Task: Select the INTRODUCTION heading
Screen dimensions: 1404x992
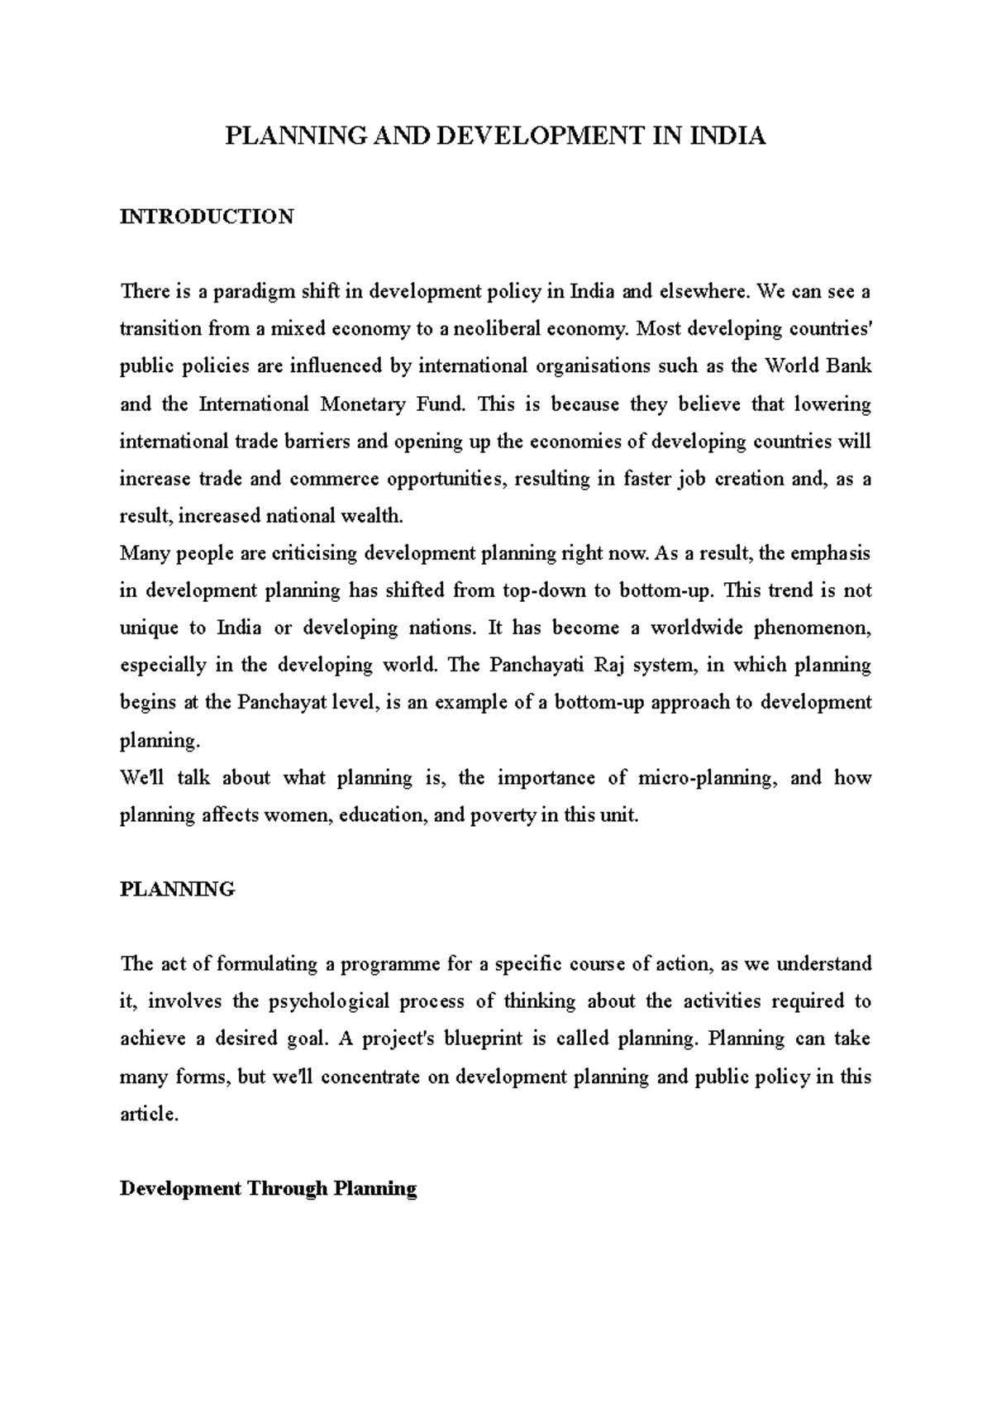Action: pyautogui.click(x=207, y=217)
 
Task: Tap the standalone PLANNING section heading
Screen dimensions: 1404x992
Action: pyautogui.click(x=178, y=890)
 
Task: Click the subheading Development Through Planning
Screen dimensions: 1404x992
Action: pyautogui.click(x=268, y=1189)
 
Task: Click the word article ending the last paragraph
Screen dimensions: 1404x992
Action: pyautogui.click(x=148, y=1115)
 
